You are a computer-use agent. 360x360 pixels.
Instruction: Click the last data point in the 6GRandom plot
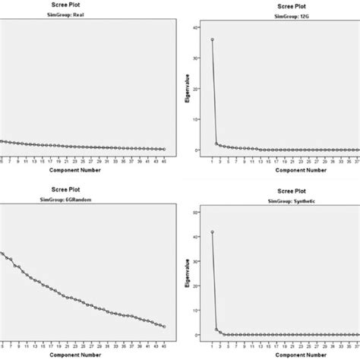click(x=164, y=326)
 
